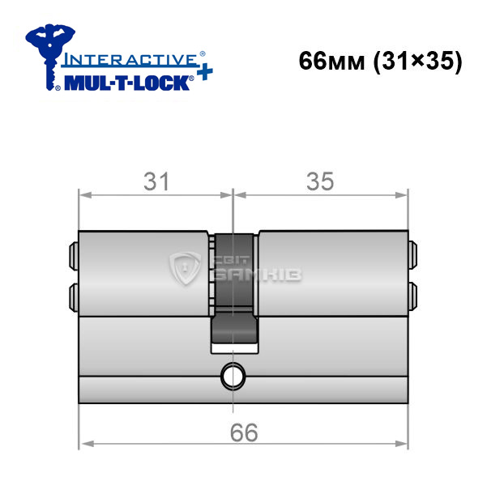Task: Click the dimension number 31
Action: tap(156, 181)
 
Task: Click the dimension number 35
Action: tap(320, 181)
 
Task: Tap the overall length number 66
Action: tap(244, 432)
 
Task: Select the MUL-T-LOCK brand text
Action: tap(127, 83)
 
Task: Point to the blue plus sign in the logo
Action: tap(205, 73)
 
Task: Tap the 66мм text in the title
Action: tap(331, 61)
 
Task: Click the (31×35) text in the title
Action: tap(418, 62)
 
